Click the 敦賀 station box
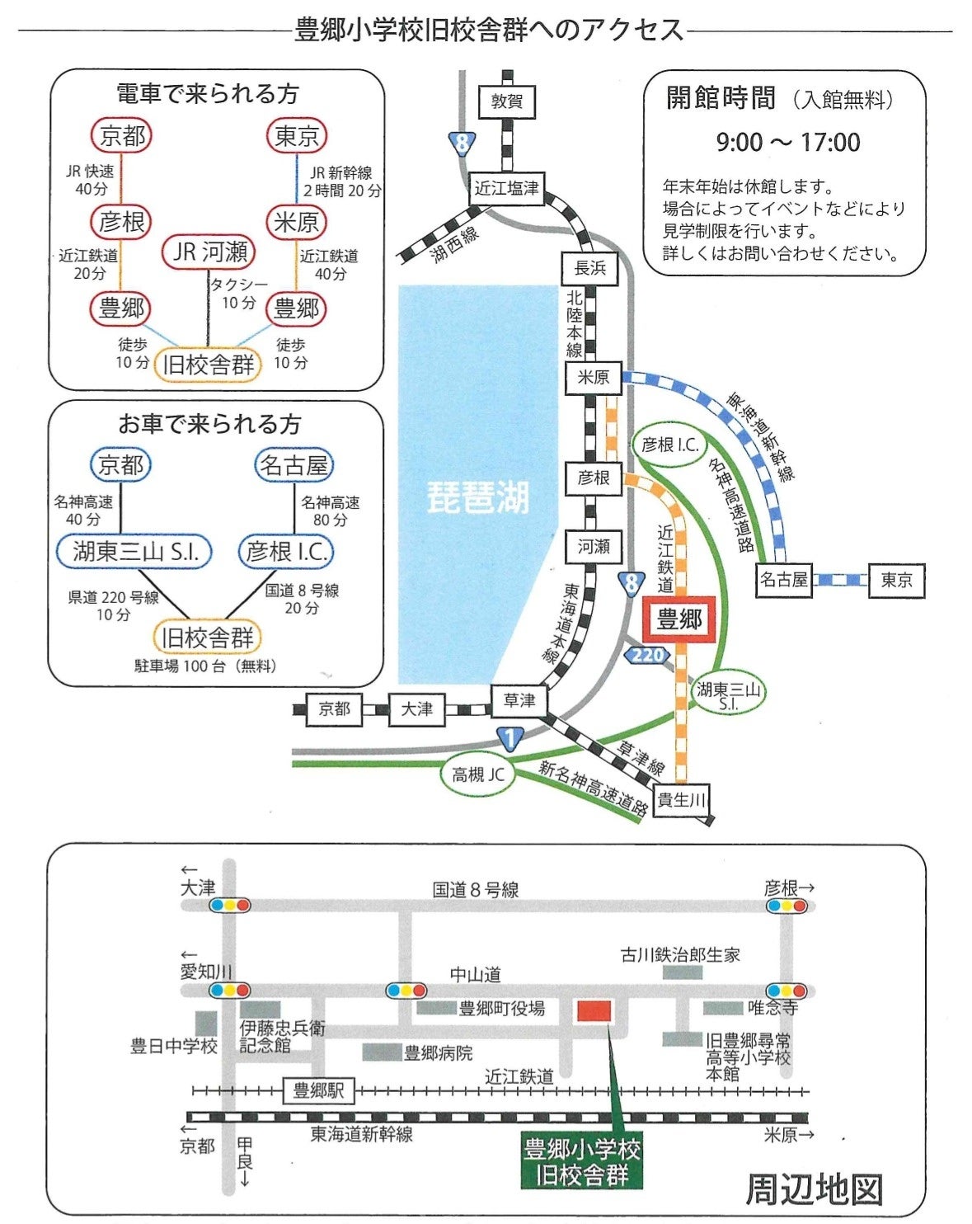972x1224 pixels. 506,102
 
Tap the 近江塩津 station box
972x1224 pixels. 506,188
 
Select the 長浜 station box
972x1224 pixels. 590,268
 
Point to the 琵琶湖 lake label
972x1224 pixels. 477,497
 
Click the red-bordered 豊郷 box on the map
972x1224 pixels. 679,619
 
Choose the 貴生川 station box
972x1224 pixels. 681,799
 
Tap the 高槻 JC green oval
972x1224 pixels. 478,774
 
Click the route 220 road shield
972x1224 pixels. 647,655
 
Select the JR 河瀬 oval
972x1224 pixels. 209,252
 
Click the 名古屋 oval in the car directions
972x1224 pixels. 294,465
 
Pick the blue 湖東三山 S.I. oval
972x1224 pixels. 134,551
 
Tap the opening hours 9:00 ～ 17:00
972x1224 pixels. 787,143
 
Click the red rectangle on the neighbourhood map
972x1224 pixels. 594,1010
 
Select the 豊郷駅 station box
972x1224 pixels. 318,1091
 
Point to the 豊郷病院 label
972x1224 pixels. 438,1053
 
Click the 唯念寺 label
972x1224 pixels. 772,1007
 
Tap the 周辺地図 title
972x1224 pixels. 814,1189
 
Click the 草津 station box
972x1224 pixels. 519,700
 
